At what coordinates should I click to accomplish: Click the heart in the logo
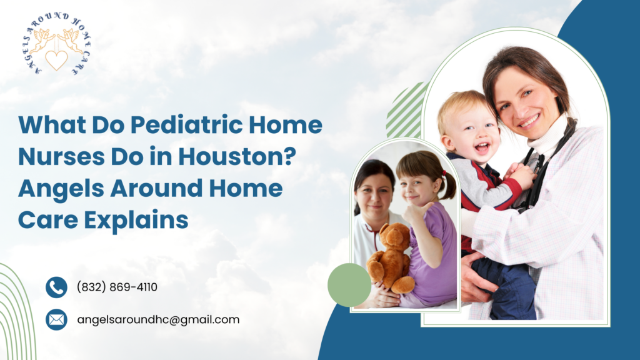(56, 59)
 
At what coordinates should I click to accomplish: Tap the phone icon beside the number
(56, 287)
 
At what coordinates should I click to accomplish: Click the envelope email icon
(56, 319)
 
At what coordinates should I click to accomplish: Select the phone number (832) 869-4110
(117, 287)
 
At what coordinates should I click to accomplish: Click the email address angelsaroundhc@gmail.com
(158, 319)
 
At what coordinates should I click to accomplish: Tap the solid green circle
(349, 284)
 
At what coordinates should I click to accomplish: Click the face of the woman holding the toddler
(524, 100)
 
